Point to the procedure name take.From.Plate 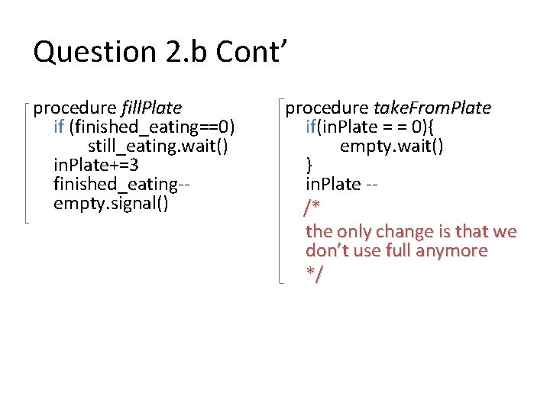(432, 108)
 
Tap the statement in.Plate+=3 (96, 165)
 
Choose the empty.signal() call (112, 204)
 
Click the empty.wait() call (391, 146)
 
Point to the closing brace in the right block (309, 165)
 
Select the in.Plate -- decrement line (343, 185)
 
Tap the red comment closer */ (313, 274)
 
